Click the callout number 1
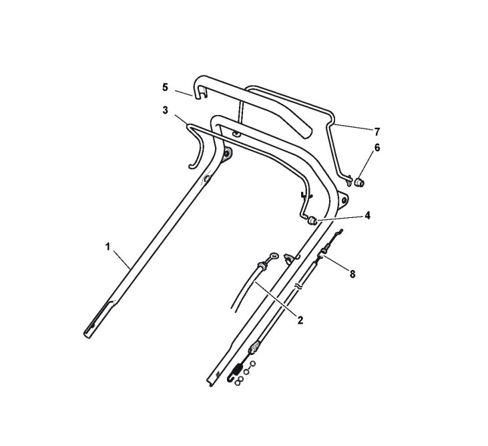(x=107, y=247)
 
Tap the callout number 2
(x=300, y=320)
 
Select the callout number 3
(x=165, y=110)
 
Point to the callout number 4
(x=368, y=215)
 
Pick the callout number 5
(x=165, y=88)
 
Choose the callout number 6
(x=377, y=147)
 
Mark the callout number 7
(x=377, y=132)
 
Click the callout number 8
(x=352, y=274)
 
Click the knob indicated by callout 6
(x=359, y=182)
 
